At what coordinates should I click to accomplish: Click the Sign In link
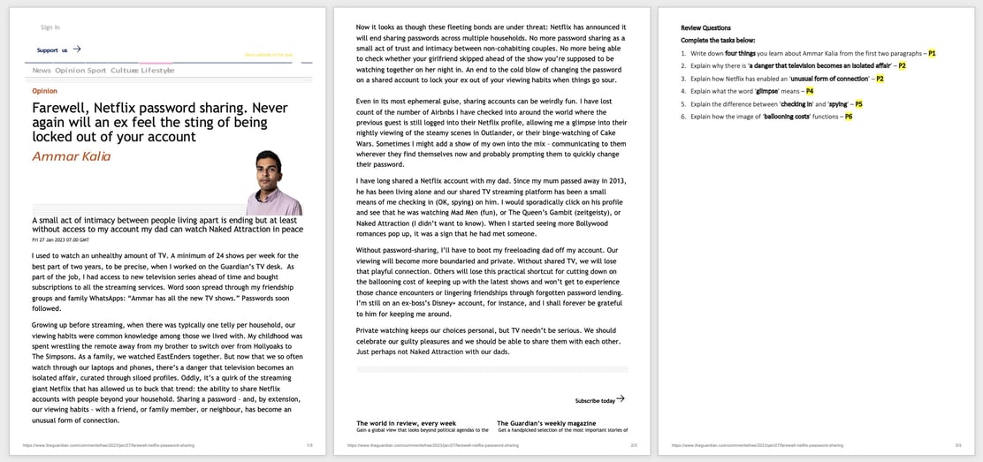click(50, 27)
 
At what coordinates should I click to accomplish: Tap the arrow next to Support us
click(77, 49)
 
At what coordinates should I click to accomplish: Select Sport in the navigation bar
click(96, 71)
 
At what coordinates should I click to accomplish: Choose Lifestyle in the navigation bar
click(157, 71)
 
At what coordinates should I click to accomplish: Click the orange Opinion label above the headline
click(44, 91)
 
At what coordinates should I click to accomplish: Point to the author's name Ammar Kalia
click(72, 156)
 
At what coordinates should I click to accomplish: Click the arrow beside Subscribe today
click(621, 399)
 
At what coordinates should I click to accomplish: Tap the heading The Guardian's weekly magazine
click(545, 423)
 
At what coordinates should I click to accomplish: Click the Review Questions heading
click(705, 28)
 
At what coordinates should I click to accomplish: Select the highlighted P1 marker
click(932, 54)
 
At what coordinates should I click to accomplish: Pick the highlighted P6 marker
click(849, 117)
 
